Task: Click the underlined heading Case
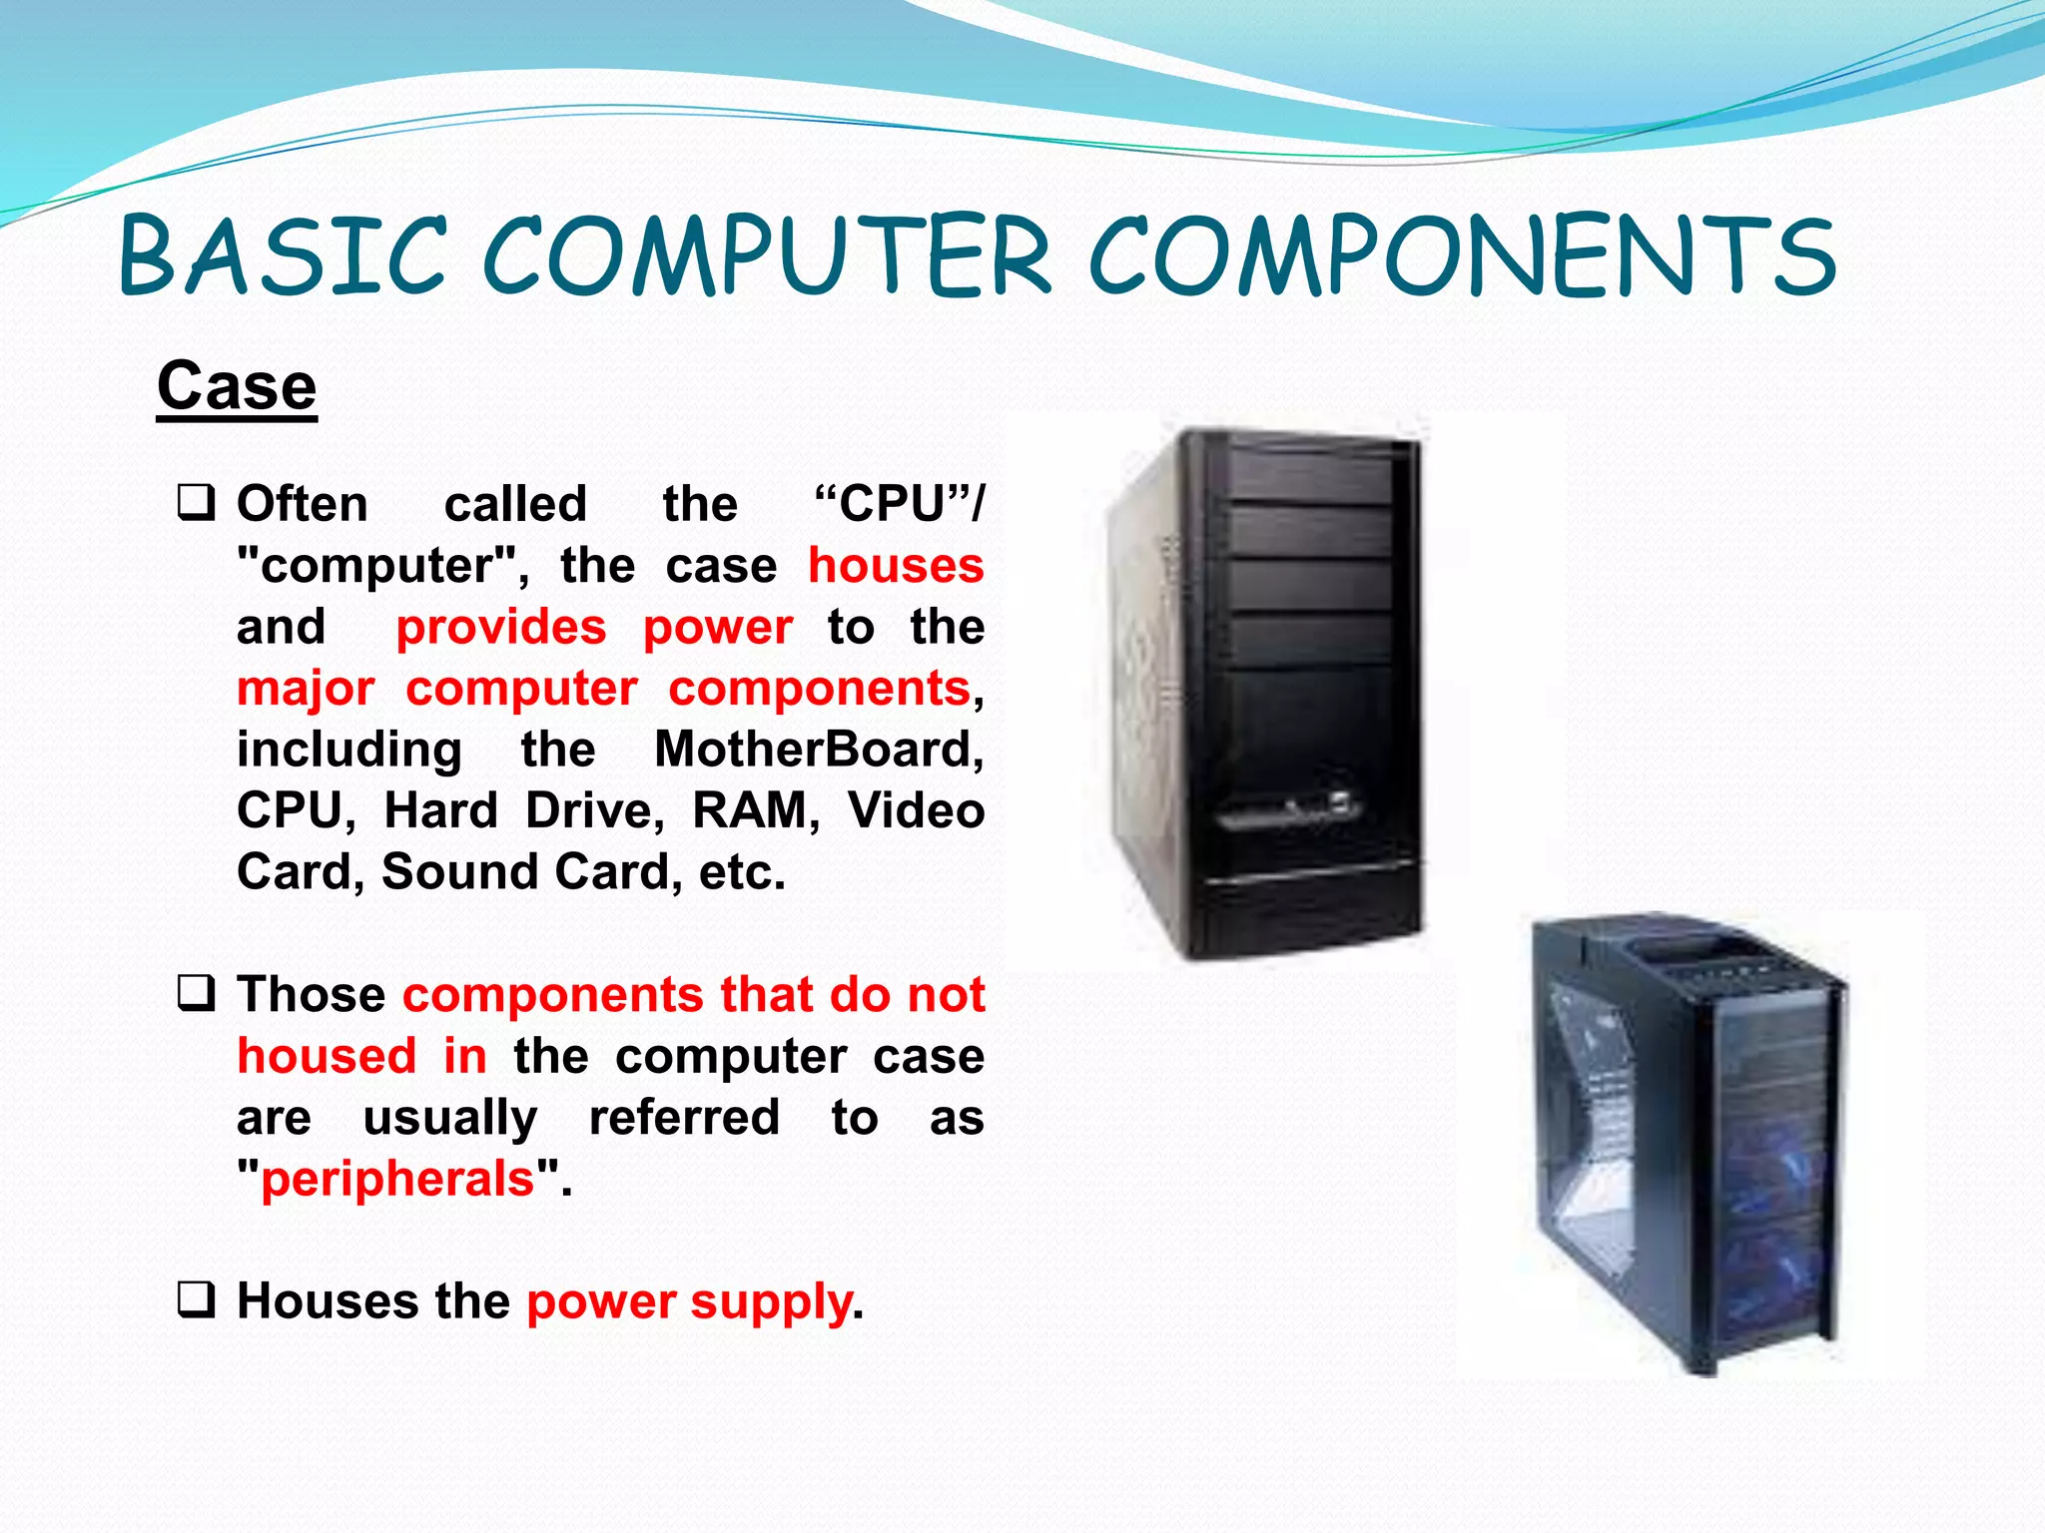pyautogui.click(x=237, y=386)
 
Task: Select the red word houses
pyautogui.click(x=896, y=566)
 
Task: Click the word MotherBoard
pyautogui.click(x=818, y=750)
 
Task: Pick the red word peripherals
pyautogui.click(x=398, y=1179)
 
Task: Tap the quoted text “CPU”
pyautogui.click(x=894, y=504)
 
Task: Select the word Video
pyautogui.click(x=916, y=810)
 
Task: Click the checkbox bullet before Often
pyautogui.click(x=196, y=502)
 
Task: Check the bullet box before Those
pyautogui.click(x=196, y=994)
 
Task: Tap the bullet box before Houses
pyautogui.click(x=196, y=1300)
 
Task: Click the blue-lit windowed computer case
pyautogui.click(x=1688, y=1143)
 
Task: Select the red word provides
pyautogui.click(x=501, y=628)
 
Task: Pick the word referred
pyautogui.click(x=684, y=1118)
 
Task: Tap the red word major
pyautogui.click(x=306, y=689)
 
